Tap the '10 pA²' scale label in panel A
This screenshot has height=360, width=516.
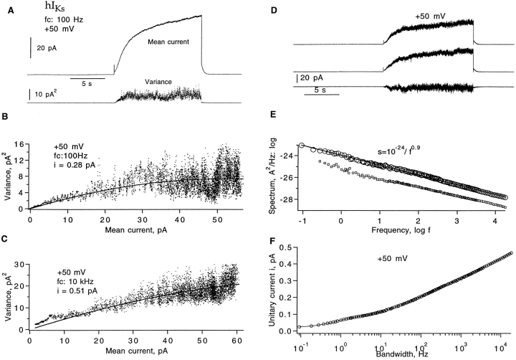click(x=48, y=93)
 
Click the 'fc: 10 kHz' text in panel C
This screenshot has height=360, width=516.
click(x=80, y=282)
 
